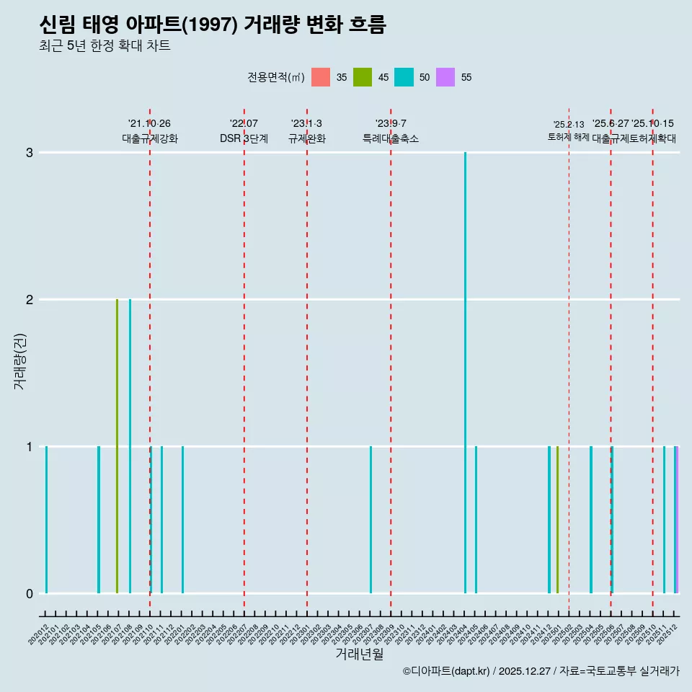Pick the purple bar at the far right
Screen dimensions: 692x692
(678, 519)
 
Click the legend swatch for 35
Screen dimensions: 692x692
(321, 77)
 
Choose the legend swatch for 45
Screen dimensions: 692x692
(363, 77)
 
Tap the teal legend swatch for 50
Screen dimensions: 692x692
(404, 77)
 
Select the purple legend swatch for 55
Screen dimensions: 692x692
(445, 77)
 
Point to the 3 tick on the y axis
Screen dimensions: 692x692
(30, 153)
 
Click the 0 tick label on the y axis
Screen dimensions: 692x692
(30, 593)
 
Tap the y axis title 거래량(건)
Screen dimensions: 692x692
(20, 360)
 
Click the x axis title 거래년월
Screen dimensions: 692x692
(359, 655)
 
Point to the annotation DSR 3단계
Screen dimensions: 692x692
(244, 138)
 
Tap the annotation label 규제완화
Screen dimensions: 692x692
(307, 138)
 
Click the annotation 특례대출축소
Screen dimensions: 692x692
(391, 138)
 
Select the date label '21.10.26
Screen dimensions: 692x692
(149, 124)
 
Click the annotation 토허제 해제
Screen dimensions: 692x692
(569, 137)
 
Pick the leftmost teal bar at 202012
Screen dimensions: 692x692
(46, 519)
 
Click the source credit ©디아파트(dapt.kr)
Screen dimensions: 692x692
(447, 671)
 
